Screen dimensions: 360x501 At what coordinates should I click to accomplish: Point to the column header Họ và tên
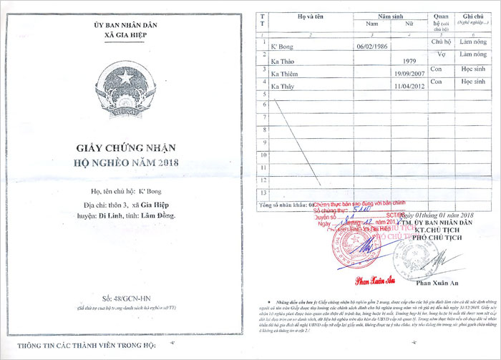click(x=311, y=15)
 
